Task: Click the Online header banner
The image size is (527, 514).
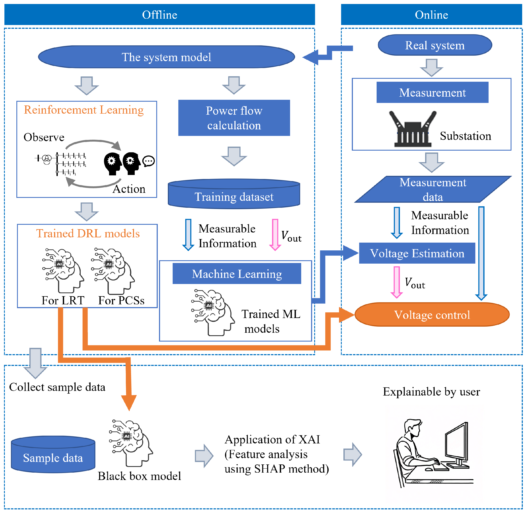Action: pyautogui.click(x=431, y=14)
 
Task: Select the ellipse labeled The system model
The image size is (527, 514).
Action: pyautogui.click(x=166, y=57)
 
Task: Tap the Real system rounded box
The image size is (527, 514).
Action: pyautogui.click(x=435, y=45)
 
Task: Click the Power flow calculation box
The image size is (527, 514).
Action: pyautogui.click(x=234, y=118)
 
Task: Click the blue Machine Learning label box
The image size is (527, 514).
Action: pyautogui.click(x=237, y=274)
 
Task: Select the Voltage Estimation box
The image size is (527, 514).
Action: pyautogui.click(x=417, y=253)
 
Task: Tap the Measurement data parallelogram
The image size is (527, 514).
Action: pyautogui.click(x=432, y=189)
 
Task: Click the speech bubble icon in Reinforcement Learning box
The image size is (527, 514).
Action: pyautogui.click(x=149, y=161)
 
